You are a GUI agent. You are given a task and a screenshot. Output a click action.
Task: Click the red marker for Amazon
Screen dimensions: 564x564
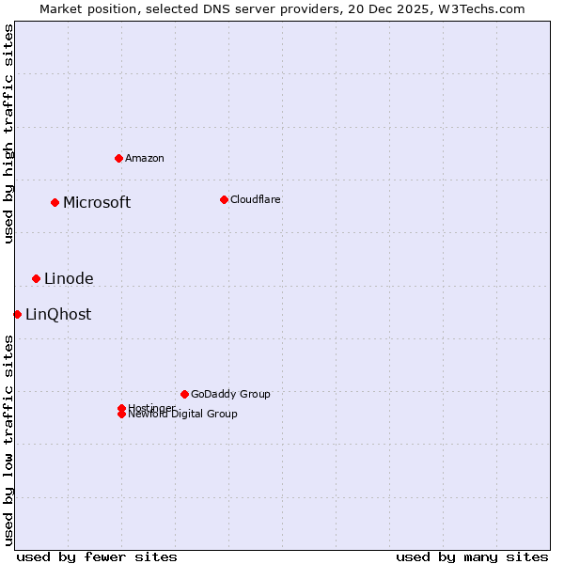point(118,158)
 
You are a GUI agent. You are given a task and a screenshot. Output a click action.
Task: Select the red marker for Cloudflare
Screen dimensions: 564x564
point(224,199)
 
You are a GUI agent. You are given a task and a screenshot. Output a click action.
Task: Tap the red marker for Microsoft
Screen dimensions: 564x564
point(55,202)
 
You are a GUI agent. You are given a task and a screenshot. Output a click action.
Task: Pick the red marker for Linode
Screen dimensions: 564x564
point(36,278)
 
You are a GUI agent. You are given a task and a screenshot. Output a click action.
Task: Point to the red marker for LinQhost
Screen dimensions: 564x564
point(17,314)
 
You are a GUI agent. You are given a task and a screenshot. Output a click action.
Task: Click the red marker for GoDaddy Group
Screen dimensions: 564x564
point(184,394)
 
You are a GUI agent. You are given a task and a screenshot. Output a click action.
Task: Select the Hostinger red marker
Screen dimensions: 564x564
point(121,408)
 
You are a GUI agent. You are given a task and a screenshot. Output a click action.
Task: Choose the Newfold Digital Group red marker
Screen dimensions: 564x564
point(121,415)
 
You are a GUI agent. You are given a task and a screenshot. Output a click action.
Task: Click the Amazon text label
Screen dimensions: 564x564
point(145,158)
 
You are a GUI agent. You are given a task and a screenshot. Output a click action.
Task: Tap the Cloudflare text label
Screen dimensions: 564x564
point(256,199)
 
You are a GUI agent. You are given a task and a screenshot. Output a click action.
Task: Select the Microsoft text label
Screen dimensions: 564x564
point(97,202)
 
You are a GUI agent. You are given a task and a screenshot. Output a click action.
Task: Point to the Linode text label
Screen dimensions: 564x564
point(69,278)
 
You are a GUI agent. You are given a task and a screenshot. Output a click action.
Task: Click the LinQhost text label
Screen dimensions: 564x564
point(58,314)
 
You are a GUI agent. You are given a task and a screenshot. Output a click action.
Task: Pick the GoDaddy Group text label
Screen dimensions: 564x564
point(230,394)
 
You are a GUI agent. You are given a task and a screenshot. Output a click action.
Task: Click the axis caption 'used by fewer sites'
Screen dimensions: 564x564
point(97,556)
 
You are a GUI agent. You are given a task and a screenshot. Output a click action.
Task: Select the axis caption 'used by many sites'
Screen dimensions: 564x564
point(472,556)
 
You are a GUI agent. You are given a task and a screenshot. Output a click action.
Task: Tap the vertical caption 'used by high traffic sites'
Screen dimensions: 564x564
point(8,133)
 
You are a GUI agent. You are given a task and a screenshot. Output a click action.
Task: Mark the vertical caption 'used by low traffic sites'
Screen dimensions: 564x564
point(8,440)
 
